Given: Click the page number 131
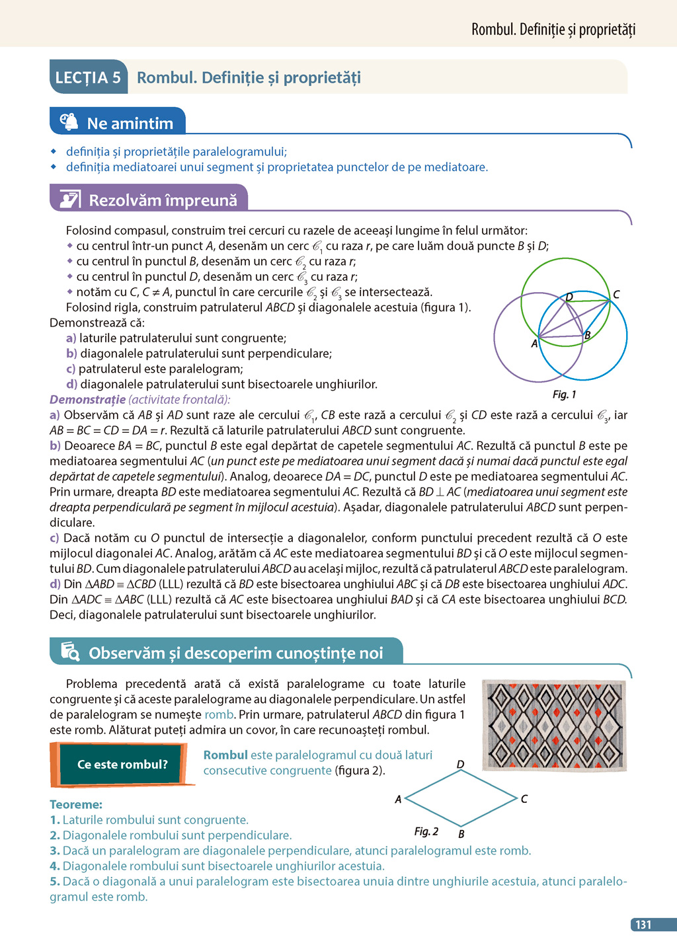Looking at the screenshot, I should tap(644, 924).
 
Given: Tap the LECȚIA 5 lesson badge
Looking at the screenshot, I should tap(88, 78).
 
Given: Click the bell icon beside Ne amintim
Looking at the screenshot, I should tap(69, 122).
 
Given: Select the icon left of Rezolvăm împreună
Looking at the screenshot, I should tap(70, 199).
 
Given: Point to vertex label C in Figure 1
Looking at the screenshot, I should tap(616, 294).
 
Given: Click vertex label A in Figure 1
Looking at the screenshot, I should tap(534, 344).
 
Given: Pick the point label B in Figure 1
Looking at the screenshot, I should tap(587, 335).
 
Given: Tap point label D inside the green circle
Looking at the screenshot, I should tap(569, 297).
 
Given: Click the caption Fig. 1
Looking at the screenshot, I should tap(564, 395).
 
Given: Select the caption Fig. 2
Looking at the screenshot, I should tap(426, 831).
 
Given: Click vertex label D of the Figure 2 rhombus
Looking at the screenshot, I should tap(460, 764).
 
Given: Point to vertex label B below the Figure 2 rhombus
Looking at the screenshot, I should tap(461, 834).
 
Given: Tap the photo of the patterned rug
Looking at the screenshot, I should tap(554, 725).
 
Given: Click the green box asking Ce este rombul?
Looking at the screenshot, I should tap(122, 765).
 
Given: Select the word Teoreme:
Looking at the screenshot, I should tap(76, 804).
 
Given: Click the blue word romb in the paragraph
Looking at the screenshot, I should tap(219, 714).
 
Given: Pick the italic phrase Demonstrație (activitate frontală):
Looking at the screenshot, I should tap(139, 399).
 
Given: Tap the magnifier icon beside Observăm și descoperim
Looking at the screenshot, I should tap(70, 652).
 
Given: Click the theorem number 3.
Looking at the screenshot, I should tap(54, 850).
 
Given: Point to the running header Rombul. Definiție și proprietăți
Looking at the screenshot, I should tap(553, 29).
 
